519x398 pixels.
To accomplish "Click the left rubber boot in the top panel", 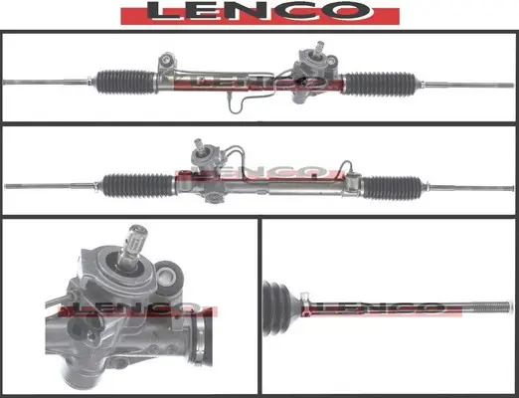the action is click(126, 82).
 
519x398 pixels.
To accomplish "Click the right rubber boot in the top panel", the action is click(380, 84).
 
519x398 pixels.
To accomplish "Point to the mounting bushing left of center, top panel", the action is click(167, 61).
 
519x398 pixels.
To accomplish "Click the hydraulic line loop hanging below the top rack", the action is click(236, 104).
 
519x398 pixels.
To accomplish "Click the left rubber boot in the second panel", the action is click(138, 185).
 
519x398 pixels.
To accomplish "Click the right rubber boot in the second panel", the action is click(392, 188).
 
